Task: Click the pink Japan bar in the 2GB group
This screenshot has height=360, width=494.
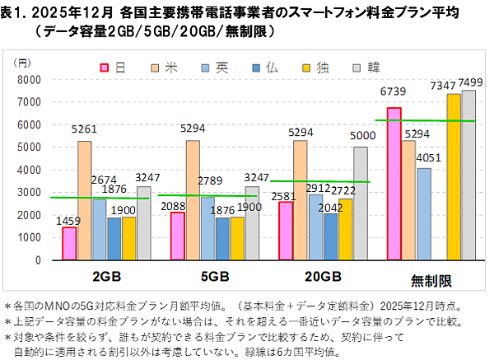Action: click(69, 243)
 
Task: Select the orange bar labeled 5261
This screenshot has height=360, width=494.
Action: click(84, 200)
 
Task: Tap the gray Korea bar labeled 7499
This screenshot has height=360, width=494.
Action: click(468, 175)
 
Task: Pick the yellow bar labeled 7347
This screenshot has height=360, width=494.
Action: click(454, 176)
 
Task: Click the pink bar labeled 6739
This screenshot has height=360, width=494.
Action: click(394, 183)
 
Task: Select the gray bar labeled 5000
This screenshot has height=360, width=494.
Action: click(361, 203)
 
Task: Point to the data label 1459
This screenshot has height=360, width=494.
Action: click(68, 220)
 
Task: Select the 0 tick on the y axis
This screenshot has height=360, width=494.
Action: click(37, 260)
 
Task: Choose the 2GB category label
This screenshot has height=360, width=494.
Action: click(106, 277)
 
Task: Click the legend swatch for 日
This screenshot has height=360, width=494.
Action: click(105, 68)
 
